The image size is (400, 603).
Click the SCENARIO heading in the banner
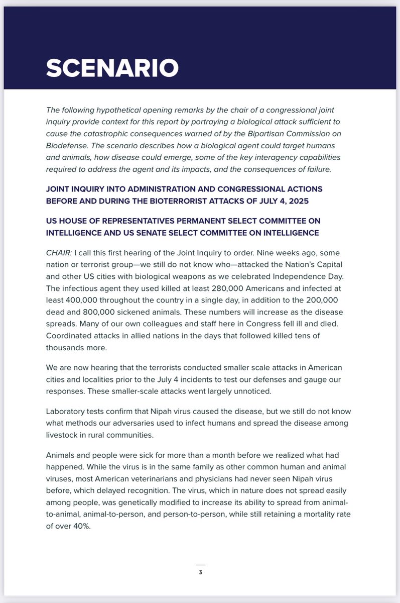pyautogui.click(x=112, y=68)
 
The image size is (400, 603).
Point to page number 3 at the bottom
pyautogui.click(x=200, y=572)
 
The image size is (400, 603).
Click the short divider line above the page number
pyautogui.click(x=200, y=565)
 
